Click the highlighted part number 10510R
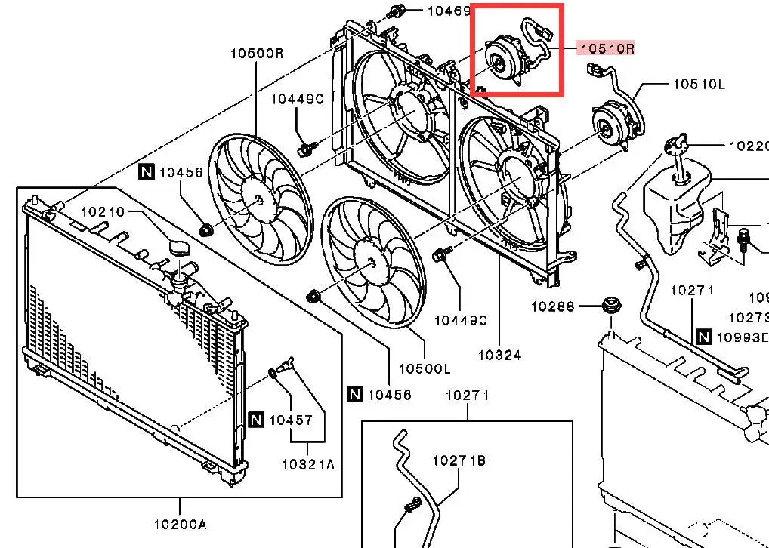[605, 49]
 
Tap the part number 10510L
[698, 84]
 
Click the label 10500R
[257, 54]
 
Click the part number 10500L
[424, 368]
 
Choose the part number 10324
[500, 354]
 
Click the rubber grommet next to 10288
[610, 306]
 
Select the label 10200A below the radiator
[181, 523]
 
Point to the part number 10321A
[307, 464]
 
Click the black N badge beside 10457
[256, 420]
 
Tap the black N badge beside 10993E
[704, 337]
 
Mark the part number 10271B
[459, 460]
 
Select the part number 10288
[552, 306]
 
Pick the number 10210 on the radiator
[103, 212]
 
